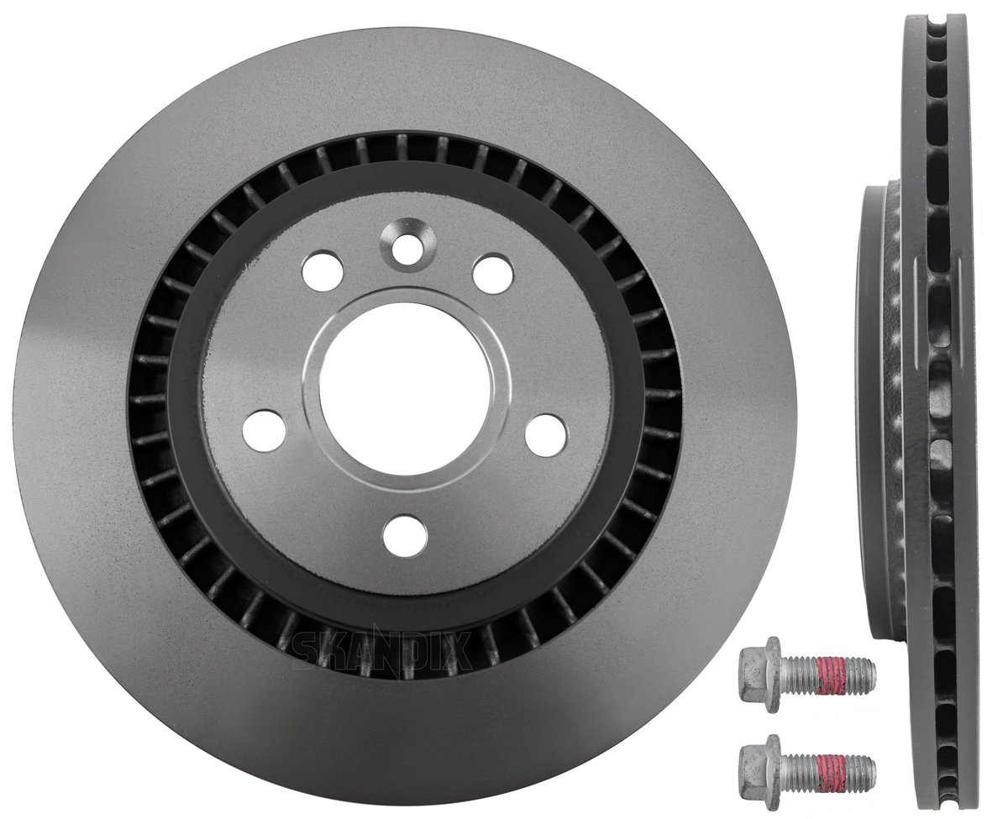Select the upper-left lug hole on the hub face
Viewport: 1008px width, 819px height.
[x=322, y=271]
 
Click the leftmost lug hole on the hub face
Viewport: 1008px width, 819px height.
[x=264, y=431]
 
